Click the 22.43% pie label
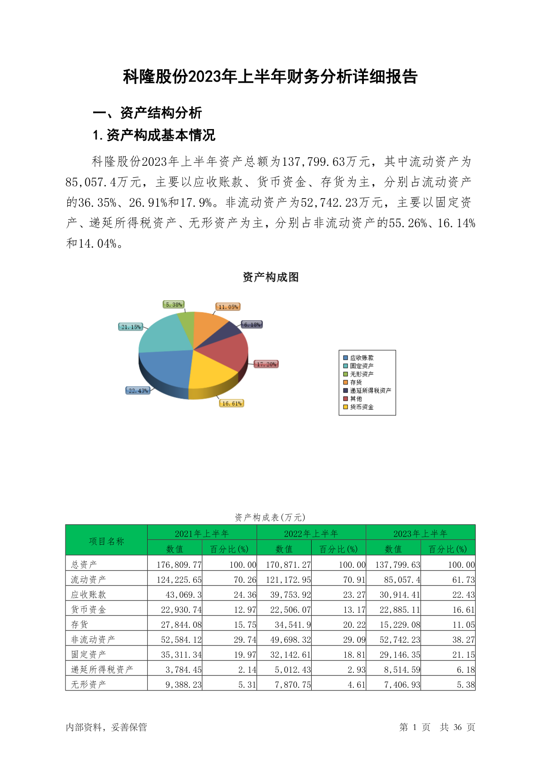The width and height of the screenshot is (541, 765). pos(138,391)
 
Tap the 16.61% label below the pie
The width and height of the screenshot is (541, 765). pos(232,403)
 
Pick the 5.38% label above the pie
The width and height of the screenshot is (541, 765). pos(174,304)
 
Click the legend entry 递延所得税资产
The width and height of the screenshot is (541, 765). pos(370,391)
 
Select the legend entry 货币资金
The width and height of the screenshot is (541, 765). pos(362,407)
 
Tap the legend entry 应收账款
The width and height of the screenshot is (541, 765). pos(362,358)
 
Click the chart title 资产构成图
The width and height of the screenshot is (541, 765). pos(271,277)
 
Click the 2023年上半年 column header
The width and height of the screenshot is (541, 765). pos(420,533)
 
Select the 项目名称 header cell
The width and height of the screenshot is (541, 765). pos(106,541)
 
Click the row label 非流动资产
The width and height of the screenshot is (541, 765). pos(93,640)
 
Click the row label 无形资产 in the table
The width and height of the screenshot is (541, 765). pos(89,685)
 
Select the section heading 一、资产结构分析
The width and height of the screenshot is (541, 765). pos(147,113)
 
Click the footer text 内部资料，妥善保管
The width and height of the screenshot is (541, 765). pos(106,727)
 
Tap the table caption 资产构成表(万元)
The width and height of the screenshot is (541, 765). pos(270,517)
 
